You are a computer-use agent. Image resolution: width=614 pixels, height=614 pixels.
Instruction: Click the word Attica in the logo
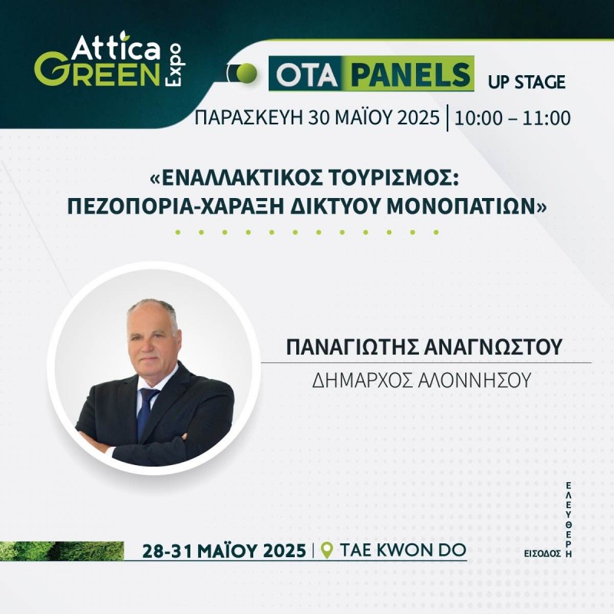[x=116, y=48]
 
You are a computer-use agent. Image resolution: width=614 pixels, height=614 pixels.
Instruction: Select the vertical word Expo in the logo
[x=173, y=64]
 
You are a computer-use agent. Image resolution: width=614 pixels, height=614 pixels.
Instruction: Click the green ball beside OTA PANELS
[x=246, y=73]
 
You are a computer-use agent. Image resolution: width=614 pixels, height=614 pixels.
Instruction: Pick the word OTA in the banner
[x=306, y=75]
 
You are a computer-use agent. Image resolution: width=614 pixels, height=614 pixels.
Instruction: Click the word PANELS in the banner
[x=411, y=74]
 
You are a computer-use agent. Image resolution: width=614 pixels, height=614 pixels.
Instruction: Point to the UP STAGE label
[x=527, y=82]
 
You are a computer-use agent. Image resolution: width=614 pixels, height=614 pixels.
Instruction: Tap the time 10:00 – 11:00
[x=512, y=118]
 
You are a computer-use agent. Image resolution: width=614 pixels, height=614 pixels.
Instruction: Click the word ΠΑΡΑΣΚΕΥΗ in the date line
[x=248, y=117]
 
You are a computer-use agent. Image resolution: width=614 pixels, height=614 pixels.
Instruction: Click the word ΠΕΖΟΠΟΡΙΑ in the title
[x=130, y=206]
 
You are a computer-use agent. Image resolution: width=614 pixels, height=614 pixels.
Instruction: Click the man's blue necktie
[x=147, y=412]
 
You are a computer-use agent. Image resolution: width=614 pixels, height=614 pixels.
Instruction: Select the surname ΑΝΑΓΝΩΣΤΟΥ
[x=493, y=347]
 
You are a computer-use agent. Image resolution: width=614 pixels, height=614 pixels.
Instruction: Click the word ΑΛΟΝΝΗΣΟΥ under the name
[x=474, y=380]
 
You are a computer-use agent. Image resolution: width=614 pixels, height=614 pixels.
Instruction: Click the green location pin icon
[x=327, y=550]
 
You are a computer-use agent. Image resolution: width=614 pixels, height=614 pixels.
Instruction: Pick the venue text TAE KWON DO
[x=403, y=550]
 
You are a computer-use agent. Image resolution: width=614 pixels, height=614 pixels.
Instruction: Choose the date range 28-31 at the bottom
[x=167, y=551]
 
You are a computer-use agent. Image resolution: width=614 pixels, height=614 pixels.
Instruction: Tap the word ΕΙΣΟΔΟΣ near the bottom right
[x=543, y=553]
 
